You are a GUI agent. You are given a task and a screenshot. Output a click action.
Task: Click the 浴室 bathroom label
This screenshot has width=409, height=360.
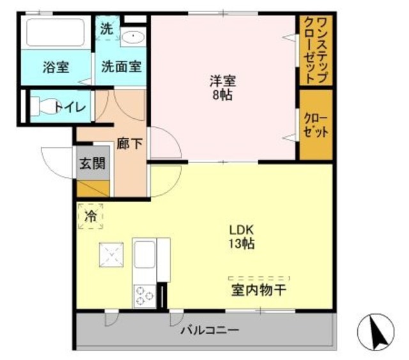(x=56, y=67)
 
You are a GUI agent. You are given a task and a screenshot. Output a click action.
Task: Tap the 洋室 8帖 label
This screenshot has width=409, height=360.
(x=223, y=88)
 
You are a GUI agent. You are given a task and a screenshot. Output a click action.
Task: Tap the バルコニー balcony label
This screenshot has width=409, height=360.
(x=209, y=331)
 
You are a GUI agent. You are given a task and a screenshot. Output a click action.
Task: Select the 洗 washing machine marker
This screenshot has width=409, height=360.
(x=106, y=29)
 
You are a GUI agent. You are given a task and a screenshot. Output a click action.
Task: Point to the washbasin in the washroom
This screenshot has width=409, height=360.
(x=134, y=36)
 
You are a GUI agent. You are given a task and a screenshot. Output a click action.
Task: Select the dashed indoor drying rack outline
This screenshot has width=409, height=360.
(x=259, y=279)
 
